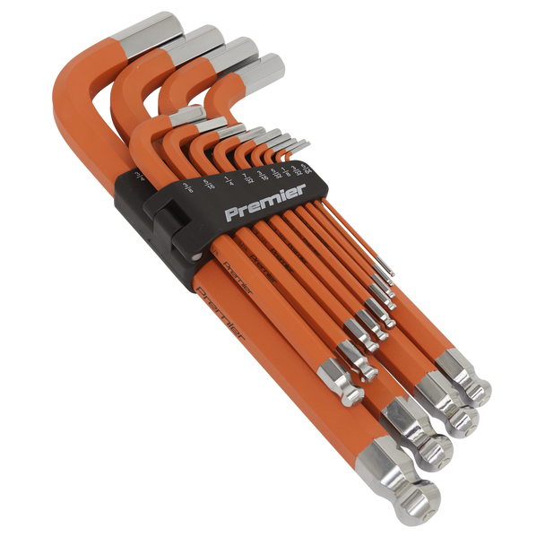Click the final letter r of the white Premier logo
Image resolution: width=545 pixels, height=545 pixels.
[x=303, y=189]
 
